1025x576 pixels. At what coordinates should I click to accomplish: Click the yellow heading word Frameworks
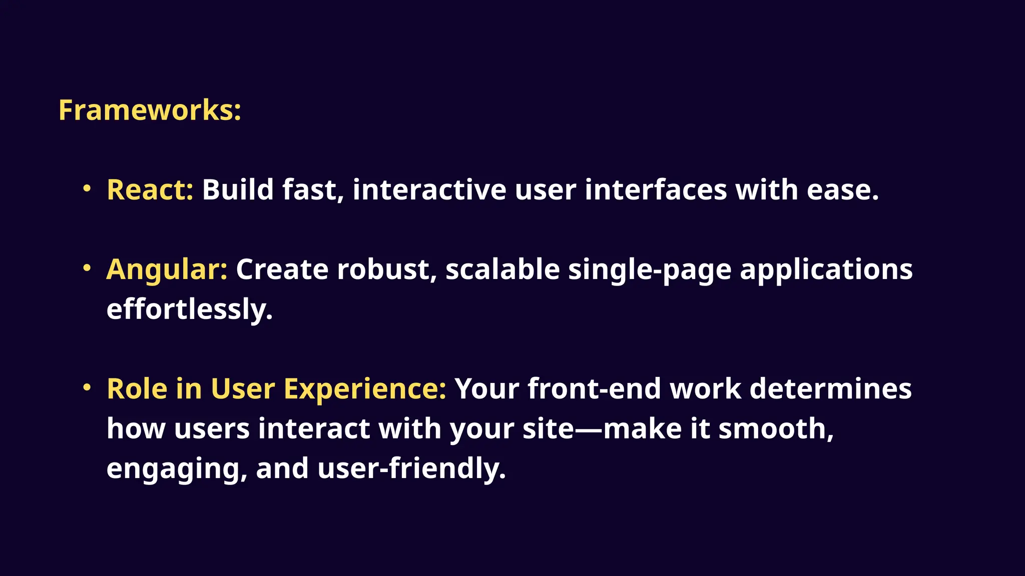(149, 110)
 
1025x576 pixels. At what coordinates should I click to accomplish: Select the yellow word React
(150, 190)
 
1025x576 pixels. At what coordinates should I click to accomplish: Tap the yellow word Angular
(167, 269)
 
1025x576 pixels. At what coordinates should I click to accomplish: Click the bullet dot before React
(87, 188)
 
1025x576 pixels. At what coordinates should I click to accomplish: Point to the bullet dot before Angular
(87, 268)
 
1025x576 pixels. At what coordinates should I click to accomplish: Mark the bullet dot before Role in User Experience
(87, 387)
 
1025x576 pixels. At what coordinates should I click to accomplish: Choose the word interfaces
(656, 190)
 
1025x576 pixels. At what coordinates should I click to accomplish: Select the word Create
(282, 269)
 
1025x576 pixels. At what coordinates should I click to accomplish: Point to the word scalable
(502, 269)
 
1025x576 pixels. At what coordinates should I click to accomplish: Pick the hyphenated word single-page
(650, 270)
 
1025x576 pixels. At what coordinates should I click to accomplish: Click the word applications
(826, 270)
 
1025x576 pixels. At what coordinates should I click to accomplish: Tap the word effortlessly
(189, 309)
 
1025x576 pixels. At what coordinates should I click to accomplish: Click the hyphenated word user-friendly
(411, 469)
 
